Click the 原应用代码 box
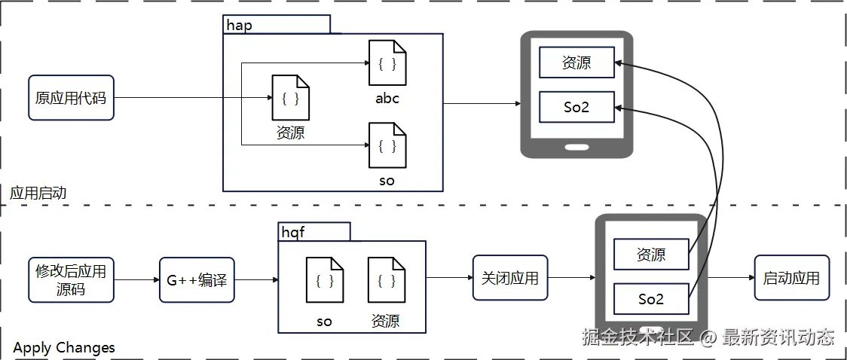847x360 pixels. [x=71, y=98]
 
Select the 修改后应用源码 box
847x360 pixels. [x=71, y=279]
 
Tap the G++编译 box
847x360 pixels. [x=197, y=280]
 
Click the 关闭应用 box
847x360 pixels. [x=510, y=278]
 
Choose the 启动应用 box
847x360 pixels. [x=791, y=278]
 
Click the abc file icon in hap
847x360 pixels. [x=387, y=63]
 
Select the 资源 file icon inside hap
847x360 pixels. [x=290, y=98]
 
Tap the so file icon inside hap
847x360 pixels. [x=387, y=145]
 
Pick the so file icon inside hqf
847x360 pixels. [x=325, y=281]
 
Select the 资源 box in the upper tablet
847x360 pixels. [x=576, y=63]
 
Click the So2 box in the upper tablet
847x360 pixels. [x=576, y=107]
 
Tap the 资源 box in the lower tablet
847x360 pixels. [x=651, y=255]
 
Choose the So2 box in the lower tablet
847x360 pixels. [x=651, y=299]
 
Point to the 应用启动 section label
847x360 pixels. [x=38, y=193]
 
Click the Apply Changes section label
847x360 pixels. [x=64, y=347]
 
